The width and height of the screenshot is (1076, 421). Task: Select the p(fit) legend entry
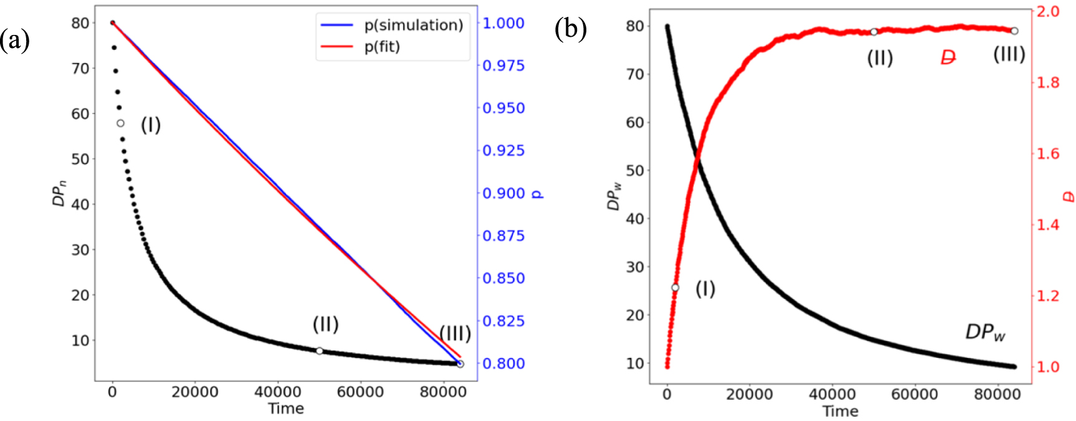382,47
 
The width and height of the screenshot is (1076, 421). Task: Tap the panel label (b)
571,29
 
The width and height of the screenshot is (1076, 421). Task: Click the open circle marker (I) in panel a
120,123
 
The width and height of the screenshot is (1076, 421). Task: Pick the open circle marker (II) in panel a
319,351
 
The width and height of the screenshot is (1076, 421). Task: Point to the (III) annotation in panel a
455,333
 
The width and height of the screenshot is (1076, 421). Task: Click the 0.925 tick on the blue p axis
503,150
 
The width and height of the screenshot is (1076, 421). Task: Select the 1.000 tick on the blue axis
503,23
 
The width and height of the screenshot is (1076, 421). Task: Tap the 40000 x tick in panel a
278,392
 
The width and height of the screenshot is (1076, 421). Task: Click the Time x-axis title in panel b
840,411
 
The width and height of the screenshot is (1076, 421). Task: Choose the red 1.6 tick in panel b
1047,153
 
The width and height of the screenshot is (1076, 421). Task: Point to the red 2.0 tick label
1047,11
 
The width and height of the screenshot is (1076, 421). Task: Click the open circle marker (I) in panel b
675,288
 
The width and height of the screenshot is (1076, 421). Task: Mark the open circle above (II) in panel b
874,32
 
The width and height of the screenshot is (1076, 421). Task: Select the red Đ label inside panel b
948,58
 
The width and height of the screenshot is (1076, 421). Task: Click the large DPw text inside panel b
985,332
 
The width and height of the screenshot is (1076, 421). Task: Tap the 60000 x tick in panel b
914,394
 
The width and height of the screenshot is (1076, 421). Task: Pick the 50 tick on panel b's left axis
634,170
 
